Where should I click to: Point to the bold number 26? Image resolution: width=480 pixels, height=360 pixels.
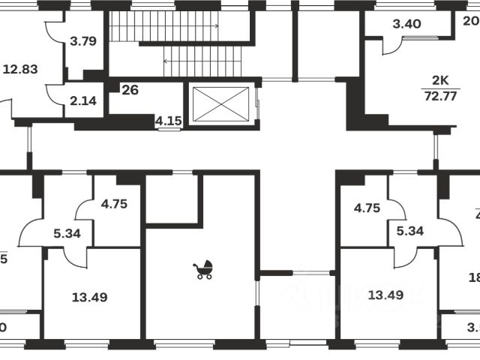(130, 90)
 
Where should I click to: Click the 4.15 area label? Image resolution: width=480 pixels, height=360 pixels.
(168, 119)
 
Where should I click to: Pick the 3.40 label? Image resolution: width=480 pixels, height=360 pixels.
(406, 23)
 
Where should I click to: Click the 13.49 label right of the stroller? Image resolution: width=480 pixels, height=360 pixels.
(386, 294)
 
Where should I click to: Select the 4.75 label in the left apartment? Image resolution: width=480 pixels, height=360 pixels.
(115, 201)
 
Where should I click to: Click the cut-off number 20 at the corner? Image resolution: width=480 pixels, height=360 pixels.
(471, 21)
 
